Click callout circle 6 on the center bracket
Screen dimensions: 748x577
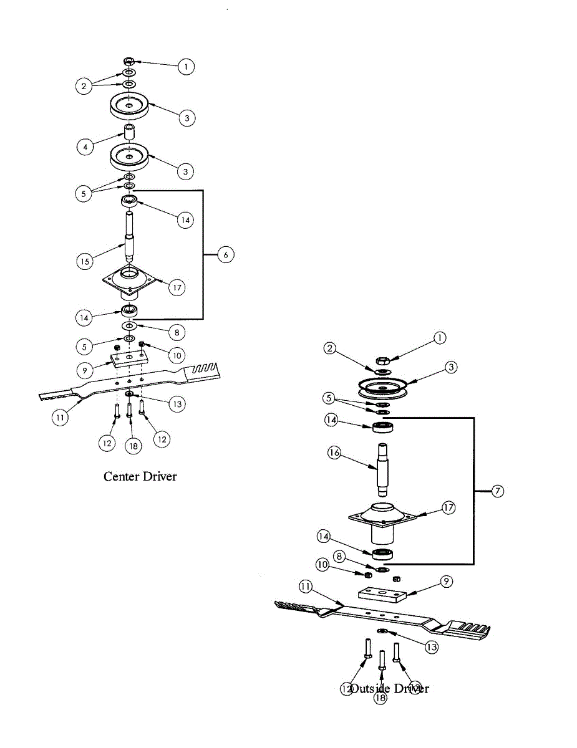pyautogui.click(x=226, y=254)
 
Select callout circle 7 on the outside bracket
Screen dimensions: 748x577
pyautogui.click(x=497, y=491)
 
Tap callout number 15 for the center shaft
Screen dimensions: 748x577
pyautogui.click(x=85, y=261)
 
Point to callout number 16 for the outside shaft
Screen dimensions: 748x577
pyautogui.click(x=334, y=453)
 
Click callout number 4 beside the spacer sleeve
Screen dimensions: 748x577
pyautogui.click(x=85, y=147)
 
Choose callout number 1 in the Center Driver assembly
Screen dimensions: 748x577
pyautogui.click(x=185, y=67)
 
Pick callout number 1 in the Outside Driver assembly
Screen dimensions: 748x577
pyautogui.click(x=439, y=337)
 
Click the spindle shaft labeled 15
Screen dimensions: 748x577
pyautogui.click(x=130, y=237)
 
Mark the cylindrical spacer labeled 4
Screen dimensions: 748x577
pyautogui.click(x=129, y=133)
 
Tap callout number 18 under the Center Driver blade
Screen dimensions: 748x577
pyautogui.click(x=133, y=445)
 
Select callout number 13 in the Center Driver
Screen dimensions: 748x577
pyautogui.click(x=177, y=404)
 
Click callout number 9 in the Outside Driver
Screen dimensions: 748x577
pyautogui.click(x=445, y=582)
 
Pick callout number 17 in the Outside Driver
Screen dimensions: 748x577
pyautogui.click(x=448, y=507)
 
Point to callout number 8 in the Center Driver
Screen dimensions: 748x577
pyautogui.click(x=179, y=332)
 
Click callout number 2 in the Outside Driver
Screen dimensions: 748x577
pyautogui.click(x=331, y=348)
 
